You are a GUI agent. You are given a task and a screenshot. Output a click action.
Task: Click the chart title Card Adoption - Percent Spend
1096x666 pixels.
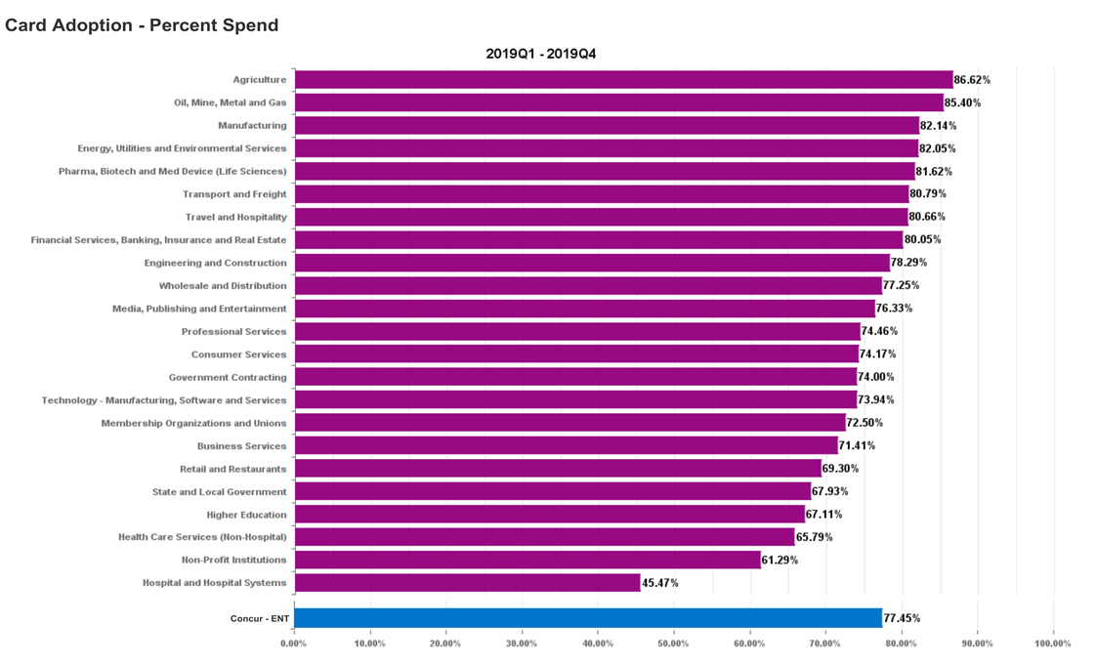tap(142, 25)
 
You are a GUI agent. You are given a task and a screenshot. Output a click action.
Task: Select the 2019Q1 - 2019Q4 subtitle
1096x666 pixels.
tap(540, 54)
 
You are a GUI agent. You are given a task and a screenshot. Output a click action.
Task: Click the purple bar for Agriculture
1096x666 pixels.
tap(622, 80)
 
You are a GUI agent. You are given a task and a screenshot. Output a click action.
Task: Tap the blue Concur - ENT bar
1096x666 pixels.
tap(587, 618)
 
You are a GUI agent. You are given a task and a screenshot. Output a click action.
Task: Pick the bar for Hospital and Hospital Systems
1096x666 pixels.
tap(467, 583)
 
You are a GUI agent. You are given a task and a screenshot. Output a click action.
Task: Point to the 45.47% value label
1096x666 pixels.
tap(659, 583)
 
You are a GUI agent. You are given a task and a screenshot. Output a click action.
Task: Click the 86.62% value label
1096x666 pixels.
tap(972, 80)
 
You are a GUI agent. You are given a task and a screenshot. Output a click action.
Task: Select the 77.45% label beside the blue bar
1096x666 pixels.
tap(902, 618)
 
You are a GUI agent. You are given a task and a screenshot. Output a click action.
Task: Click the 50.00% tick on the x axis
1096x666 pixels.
tap(673, 644)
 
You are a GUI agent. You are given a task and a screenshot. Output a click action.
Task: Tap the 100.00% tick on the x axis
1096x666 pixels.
tap(1052, 644)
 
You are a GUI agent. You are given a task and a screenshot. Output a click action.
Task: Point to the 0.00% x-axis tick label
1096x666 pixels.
tap(294, 644)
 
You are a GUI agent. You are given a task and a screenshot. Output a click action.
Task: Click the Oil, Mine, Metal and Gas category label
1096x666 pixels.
tap(230, 103)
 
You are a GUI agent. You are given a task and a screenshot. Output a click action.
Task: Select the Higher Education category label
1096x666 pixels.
tap(246, 515)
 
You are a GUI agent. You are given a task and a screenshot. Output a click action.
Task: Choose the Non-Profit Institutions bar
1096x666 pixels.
tap(527, 561)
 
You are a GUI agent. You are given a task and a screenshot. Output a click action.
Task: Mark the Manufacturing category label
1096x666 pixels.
tap(252, 126)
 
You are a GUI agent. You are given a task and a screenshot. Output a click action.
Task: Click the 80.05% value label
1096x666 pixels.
tap(922, 240)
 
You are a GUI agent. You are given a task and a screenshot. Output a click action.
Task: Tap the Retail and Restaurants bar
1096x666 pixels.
tap(557, 469)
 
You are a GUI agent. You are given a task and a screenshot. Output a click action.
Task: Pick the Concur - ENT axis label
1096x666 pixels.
tap(259, 619)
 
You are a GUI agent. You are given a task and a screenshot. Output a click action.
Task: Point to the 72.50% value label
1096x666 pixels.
tap(864, 423)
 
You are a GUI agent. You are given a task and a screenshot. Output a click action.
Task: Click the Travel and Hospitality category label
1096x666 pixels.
tap(235, 217)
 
